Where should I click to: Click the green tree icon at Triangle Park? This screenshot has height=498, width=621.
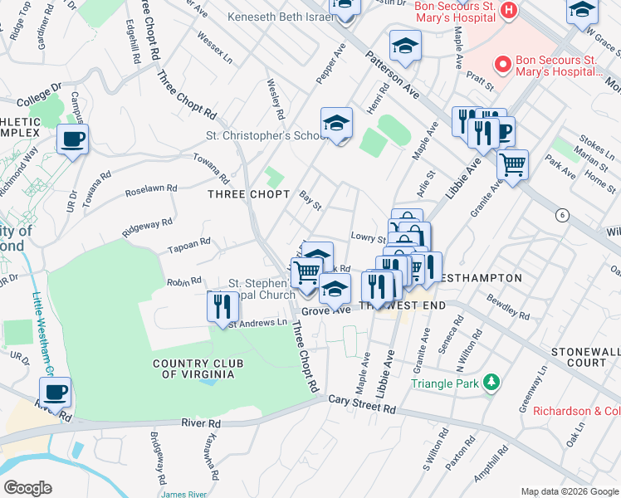(492, 383)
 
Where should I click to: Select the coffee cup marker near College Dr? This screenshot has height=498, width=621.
(72, 139)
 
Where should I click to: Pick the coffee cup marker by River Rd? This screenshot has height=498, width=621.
(55, 393)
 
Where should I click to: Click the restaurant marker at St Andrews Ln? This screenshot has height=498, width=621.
(222, 306)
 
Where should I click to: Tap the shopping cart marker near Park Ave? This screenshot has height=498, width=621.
(512, 164)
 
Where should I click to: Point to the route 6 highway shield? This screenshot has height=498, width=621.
(562, 215)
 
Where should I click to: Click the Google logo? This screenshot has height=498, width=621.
(27, 487)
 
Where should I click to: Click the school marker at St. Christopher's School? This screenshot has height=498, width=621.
(336, 124)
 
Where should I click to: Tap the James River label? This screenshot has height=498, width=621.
(184, 494)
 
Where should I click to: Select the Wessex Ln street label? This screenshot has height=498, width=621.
(216, 48)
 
